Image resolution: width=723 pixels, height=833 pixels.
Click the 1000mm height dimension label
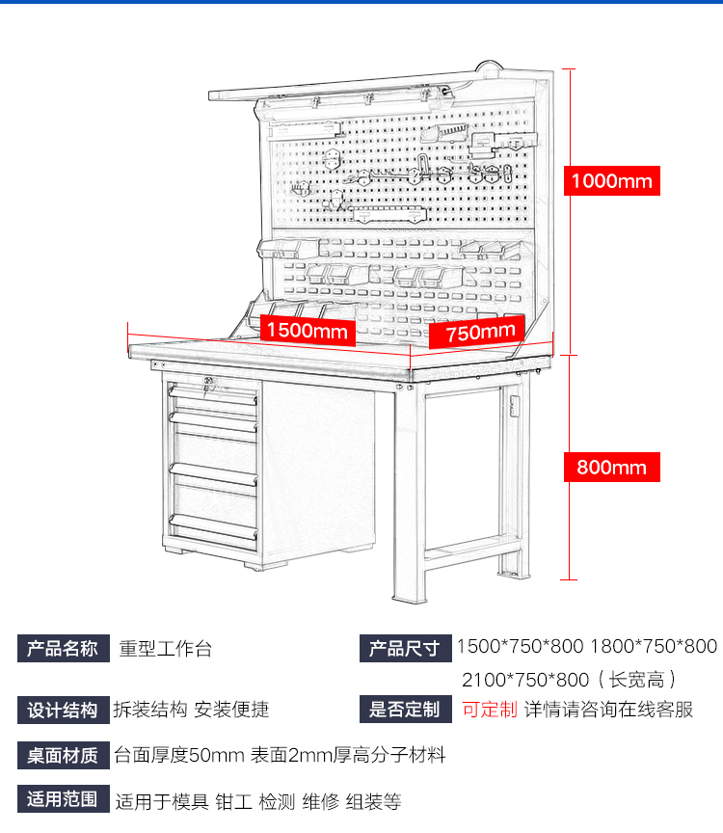[x=611, y=180]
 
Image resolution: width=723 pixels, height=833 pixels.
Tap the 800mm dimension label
[x=611, y=468]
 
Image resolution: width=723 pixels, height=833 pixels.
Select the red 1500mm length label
[x=308, y=331]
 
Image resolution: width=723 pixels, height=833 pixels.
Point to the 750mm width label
[x=479, y=333]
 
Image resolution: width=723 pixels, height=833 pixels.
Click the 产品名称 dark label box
[x=63, y=648]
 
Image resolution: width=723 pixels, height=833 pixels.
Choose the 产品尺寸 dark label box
[x=404, y=648]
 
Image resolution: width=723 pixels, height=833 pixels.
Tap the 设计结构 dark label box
[x=63, y=711]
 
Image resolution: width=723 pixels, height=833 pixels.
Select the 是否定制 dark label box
[x=404, y=711]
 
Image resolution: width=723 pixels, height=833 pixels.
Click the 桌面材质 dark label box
[x=63, y=755]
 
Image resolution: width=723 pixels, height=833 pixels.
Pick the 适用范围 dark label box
[x=63, y=799]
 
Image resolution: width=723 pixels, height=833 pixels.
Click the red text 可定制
[x=489, y=711]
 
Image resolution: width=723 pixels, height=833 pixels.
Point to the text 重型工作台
[x=165, y=649]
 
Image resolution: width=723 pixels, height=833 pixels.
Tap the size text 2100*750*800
[x=522, y=679]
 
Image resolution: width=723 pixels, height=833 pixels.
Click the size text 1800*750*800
[x=654, y=647]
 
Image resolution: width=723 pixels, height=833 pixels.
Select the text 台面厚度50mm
[x=178, y=755]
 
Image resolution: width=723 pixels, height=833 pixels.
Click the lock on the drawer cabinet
[x=208, y=386]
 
